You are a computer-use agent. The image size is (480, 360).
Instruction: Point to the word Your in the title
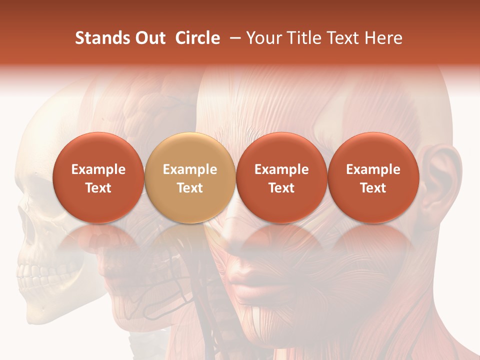263,38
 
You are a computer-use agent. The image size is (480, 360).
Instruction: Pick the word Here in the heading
383,38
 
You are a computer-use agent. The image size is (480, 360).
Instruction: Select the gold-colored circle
190,177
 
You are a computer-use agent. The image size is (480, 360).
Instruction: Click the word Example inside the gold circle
190,169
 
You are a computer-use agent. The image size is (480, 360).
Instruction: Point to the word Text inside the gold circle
190,188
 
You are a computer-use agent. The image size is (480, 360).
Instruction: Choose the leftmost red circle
98,177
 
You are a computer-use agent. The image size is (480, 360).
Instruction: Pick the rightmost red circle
373,177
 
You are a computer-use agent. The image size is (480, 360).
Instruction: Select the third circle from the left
281,177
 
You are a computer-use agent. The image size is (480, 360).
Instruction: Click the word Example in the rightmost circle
373,169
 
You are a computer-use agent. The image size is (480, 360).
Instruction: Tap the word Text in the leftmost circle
98,188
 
